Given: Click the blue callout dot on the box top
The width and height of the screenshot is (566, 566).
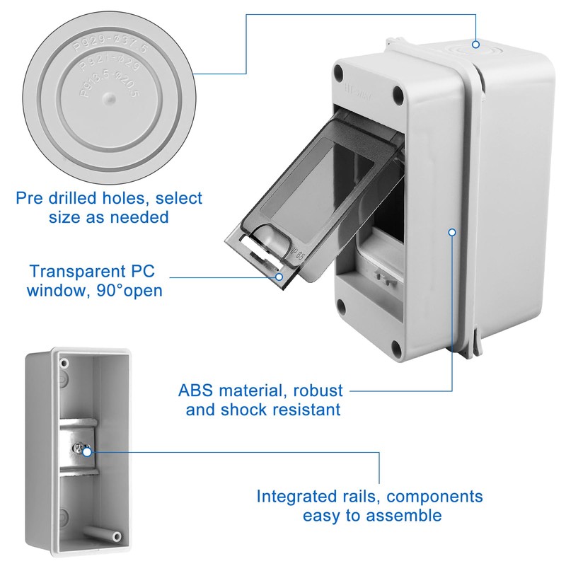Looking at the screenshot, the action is [475, 45].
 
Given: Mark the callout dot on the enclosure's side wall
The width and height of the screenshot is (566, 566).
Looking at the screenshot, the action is [453, 231].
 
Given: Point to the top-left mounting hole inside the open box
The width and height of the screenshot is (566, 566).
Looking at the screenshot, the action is [65, 362].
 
